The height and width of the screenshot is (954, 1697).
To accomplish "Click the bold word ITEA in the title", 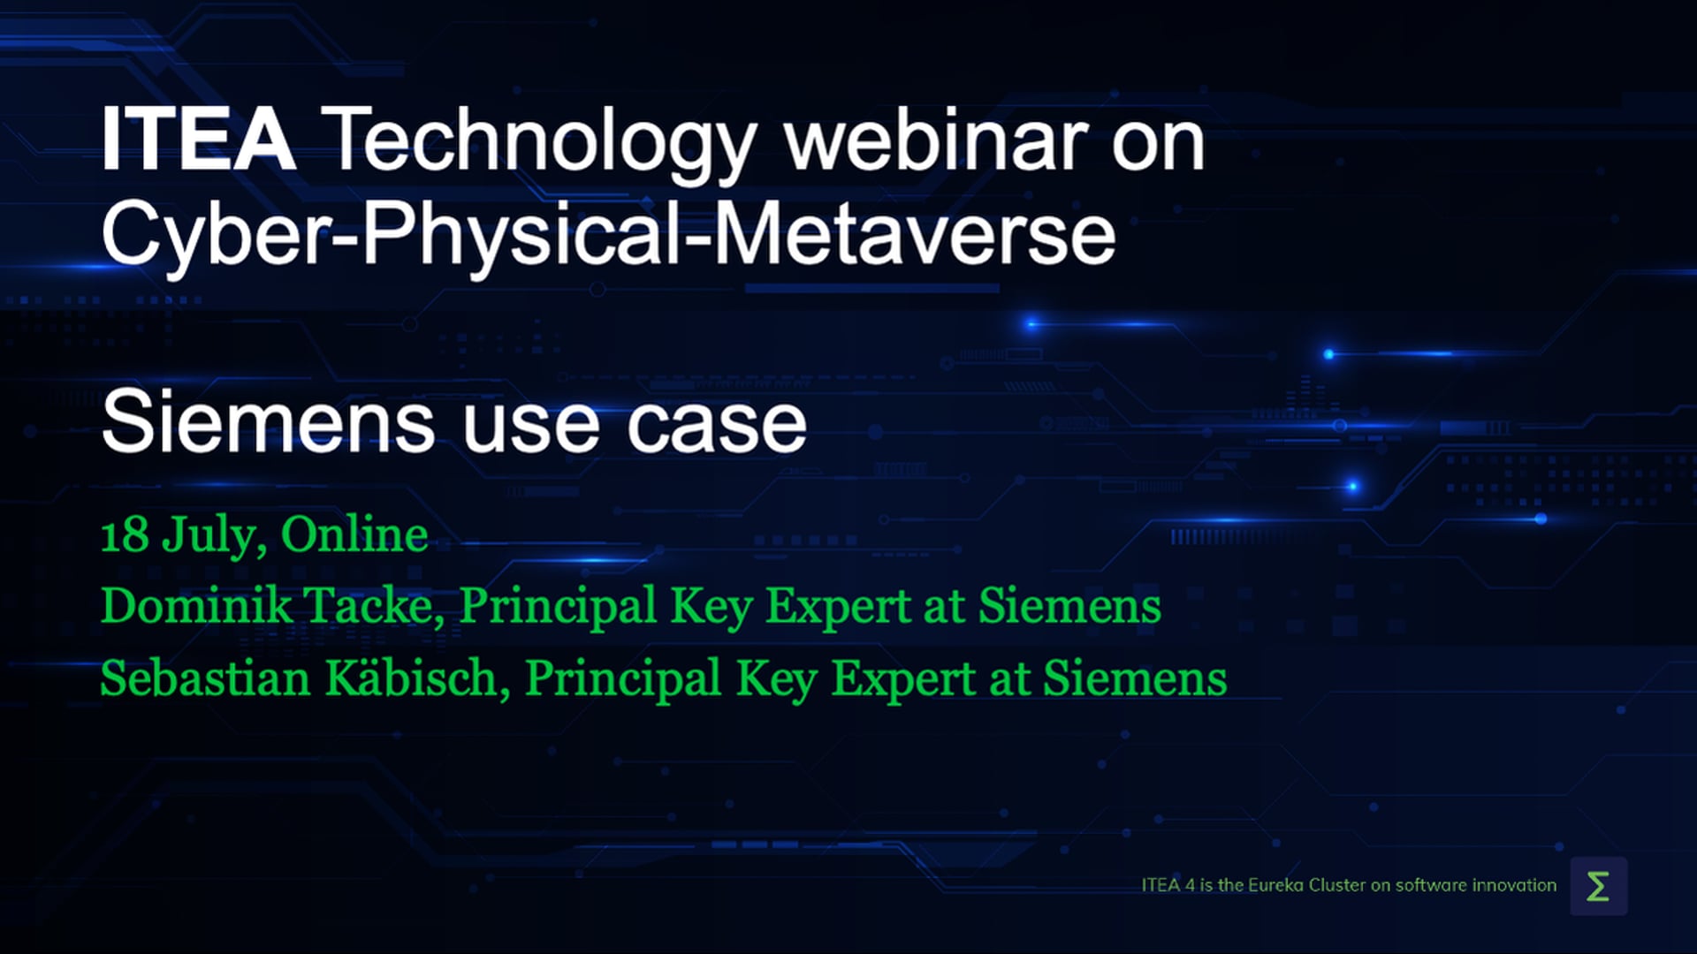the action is click(x=198, y=140).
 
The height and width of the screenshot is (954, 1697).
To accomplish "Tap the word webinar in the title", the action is click(x=936, y=140).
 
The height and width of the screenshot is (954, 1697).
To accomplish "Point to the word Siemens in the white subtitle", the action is click(x=269, y=422).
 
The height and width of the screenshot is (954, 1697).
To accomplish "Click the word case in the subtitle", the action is click(x=717, y=428).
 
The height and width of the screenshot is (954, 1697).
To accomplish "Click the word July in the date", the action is click(x=215, y=536).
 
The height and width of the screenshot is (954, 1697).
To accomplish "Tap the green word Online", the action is click(x=354, y=534).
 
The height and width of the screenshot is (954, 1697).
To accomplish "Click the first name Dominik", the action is click(x=197, y=607).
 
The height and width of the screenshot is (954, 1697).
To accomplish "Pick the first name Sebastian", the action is click(x=206, y=679).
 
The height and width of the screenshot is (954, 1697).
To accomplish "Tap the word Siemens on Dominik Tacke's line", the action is click(x=1069, y=607).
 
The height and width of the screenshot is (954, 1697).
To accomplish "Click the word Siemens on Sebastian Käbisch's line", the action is click(x=1135, y=679).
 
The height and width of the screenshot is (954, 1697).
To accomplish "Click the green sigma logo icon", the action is click(x=1598, y=886).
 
